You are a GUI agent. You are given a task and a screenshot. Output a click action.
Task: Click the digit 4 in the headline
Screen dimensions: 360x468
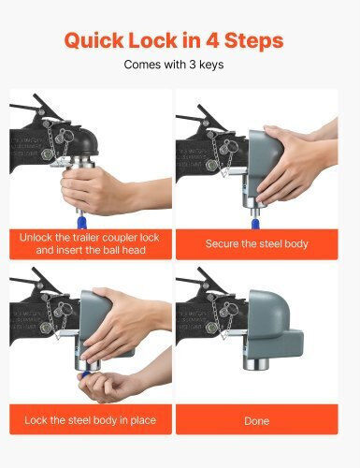(212, 40)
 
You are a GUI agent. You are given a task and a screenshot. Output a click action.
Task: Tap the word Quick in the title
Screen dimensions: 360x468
(94, 41)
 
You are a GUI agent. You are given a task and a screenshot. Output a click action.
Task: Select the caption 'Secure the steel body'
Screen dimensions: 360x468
(256, 243)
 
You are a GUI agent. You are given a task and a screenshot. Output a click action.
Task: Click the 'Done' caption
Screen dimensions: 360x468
(256, 421)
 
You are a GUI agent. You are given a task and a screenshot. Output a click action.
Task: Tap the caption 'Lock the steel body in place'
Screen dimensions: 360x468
(91, 420)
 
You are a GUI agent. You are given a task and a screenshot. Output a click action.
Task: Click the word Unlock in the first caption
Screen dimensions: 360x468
(36, 238)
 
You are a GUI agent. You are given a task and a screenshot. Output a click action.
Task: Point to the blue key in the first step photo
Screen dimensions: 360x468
(81, 221)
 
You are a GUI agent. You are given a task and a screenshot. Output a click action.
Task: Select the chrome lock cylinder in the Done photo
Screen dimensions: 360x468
(256, 364)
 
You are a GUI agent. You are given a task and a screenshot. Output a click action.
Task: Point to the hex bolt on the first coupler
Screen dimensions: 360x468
(47, 154)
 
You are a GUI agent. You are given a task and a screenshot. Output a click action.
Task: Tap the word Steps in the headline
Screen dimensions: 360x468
(253, 41)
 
